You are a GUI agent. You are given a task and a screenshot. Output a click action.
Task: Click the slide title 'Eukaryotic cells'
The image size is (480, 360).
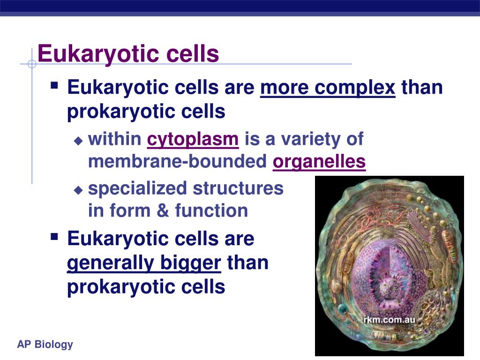click(128, 54)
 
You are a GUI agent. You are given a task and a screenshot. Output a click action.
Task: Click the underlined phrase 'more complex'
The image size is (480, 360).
click(328, 88)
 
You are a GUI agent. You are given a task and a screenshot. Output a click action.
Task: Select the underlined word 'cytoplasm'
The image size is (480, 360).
click(193, 140)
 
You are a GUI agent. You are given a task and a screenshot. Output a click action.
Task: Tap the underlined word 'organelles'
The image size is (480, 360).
click(319, 162)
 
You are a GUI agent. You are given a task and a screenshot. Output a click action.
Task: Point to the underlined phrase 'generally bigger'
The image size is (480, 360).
click(144, 263)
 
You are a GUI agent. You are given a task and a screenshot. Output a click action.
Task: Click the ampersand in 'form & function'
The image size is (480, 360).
click(163, 210)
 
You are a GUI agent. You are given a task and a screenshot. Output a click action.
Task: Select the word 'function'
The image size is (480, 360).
click(211, 210)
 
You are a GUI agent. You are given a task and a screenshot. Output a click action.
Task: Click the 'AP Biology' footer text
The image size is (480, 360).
click(45, 345)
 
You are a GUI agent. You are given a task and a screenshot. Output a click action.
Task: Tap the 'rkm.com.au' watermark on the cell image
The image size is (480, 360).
click(389, 320)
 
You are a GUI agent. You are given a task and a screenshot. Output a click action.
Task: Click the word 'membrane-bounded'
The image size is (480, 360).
click(178, 161)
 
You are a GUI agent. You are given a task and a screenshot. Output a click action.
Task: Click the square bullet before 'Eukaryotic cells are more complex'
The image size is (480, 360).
click(54, 85)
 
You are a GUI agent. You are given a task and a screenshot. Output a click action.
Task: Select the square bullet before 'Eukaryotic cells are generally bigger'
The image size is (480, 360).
click(54, 236)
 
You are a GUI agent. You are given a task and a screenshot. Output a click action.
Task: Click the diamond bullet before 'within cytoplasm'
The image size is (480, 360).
click(78, 141)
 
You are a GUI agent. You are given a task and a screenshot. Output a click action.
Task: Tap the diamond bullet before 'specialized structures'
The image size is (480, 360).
click(78, 190)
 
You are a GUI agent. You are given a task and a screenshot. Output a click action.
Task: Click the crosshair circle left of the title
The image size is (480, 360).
click(32, 64)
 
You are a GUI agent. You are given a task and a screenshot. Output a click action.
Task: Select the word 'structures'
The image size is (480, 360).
click(238, 188)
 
